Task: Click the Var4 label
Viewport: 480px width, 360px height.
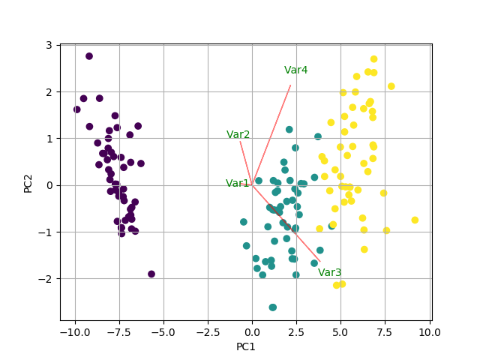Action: [295, 70]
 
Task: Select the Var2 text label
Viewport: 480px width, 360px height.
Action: [238, 135]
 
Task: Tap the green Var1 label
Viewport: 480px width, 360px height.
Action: [238, 184]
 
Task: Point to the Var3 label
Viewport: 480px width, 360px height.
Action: [329, 273]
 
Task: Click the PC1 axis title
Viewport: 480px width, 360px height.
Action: [246, 347]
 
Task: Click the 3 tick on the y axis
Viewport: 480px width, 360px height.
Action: [48, 45]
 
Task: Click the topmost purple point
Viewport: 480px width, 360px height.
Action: [89, 56]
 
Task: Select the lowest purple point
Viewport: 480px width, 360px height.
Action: [151, 274]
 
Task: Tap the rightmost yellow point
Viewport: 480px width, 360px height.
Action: [415, 220]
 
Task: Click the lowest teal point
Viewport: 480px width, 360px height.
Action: [273, 307]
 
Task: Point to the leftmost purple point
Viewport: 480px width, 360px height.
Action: [76, 109]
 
